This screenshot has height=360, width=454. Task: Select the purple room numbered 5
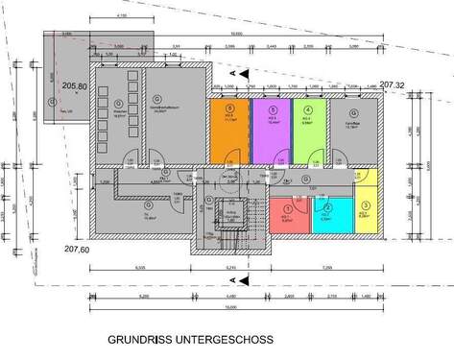click(271, 134)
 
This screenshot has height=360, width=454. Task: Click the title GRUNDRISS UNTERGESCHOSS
click(190, 339)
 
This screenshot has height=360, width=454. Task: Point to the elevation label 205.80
click(75, 86)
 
